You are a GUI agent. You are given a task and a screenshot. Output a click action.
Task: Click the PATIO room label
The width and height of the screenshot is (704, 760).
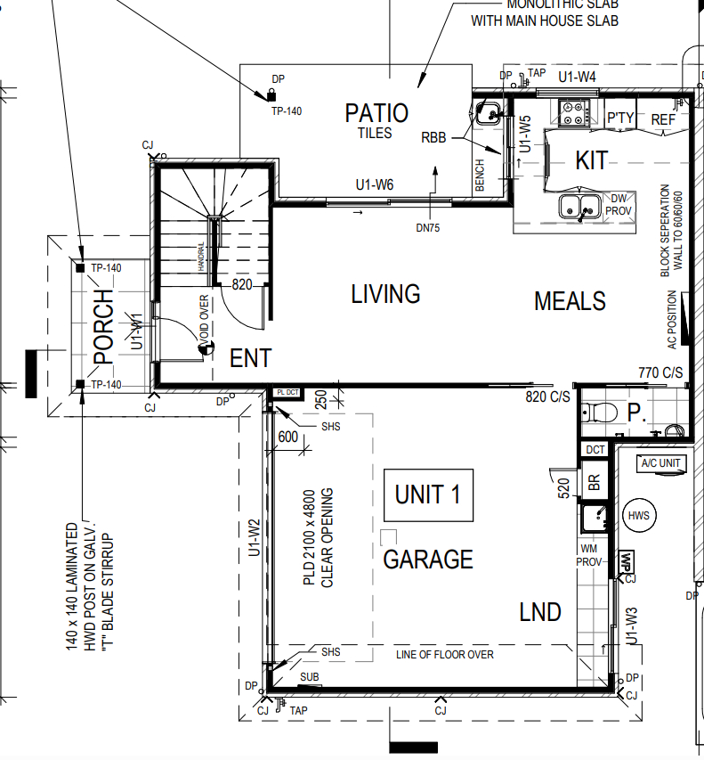[376, 113]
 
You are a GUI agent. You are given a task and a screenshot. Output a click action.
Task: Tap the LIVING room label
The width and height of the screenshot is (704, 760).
[385, 294]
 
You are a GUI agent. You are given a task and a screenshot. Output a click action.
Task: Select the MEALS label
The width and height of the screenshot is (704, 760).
[570, 301]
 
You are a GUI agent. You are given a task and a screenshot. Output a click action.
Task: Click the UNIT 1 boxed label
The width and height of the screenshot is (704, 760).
[428, 494]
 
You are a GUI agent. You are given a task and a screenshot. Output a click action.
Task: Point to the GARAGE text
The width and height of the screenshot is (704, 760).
[428, 560]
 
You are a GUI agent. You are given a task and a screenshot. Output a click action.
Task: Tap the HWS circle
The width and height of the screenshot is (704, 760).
[639, 515]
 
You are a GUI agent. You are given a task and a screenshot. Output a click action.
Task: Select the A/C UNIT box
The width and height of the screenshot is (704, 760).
[661, 463]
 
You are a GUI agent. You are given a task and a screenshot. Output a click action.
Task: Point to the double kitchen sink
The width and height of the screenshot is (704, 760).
[580, 206]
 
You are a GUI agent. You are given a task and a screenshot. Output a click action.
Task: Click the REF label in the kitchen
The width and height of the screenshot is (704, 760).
[663, 119]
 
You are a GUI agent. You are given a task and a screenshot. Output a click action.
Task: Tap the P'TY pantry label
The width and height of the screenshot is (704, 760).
[620, 118]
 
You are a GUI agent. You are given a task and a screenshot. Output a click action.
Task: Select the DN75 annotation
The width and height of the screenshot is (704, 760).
[428, 228]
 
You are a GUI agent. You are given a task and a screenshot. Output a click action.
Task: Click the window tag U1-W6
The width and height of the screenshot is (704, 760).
[375, 184]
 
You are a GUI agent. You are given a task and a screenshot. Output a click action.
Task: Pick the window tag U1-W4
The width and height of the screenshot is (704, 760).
[577, 77]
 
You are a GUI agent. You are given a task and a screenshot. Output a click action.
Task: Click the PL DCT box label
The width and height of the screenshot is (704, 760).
[287, 392]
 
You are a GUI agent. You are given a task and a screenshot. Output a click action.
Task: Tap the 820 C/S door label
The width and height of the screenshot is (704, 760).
[547, 397]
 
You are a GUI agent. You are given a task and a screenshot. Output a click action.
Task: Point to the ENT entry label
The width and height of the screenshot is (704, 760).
[250, 358]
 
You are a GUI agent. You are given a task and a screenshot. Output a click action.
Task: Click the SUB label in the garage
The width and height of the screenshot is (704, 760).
[310, 676]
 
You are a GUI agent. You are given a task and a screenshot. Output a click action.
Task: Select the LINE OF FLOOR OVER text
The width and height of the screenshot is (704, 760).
[445, 655]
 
